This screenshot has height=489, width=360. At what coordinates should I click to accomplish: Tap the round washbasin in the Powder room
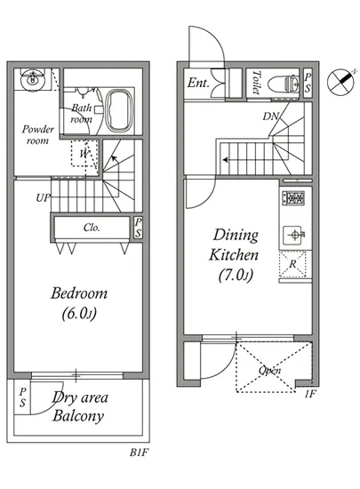(x=32, y=80)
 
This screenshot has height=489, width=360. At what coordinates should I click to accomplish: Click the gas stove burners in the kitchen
(x=293, y=197)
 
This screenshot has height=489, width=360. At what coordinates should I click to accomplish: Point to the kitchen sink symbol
(x=293, y=235)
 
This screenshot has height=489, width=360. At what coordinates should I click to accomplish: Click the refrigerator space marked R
(x=292, y=264)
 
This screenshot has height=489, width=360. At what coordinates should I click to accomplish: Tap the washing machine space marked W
(x=84, y=154)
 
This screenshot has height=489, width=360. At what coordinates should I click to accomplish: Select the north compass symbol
(x=341, y=82)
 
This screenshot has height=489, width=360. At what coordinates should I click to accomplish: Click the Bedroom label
(x=79, y=293)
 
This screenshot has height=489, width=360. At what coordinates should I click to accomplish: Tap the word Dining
(x=236, y=236)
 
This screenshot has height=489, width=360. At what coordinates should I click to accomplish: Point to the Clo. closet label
(x=92, y=228)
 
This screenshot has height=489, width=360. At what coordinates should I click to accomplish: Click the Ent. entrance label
(x=198, y=83)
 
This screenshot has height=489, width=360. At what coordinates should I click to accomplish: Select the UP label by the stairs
(x=43, y=197)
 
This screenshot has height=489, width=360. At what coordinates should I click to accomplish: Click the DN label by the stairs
(x=271, y=116)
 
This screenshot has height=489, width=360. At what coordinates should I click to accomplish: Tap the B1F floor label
(x=139, y=453)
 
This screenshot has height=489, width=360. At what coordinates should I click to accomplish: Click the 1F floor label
(x=310, y=394)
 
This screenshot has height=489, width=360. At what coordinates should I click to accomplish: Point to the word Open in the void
(x=270, y=370)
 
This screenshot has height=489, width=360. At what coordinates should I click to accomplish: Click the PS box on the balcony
(x=22, y=397)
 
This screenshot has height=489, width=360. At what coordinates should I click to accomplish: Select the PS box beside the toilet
(x=308, y=83)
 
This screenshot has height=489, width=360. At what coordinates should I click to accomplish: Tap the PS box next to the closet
(x=139, y=228)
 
